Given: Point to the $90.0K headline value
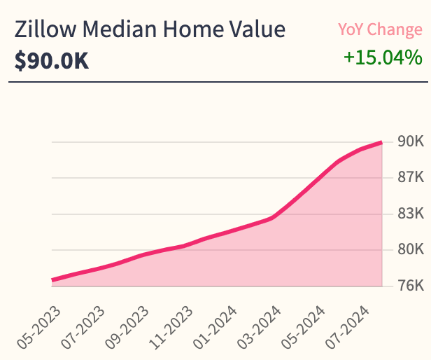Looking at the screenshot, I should coord(52,61).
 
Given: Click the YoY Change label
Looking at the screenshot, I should coord(380,29).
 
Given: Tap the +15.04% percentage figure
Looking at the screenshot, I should coord(383,57).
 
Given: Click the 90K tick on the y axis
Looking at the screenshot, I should coord(410,141).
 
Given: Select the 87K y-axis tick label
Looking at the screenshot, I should coord(410,178).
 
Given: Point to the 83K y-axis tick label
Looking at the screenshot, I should coord(410,214).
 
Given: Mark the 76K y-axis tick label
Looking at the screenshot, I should coord(410,286).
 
